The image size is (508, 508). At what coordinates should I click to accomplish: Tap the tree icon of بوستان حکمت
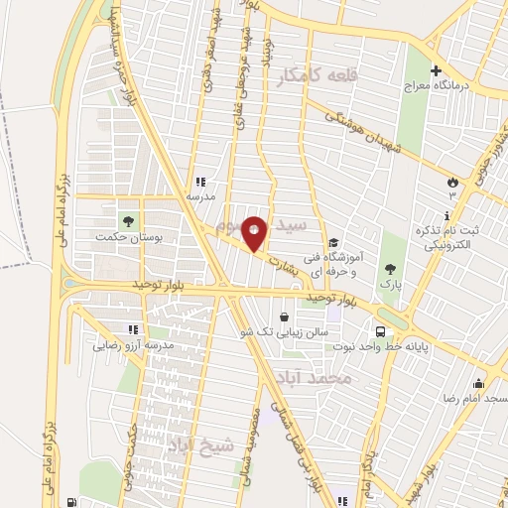tap(127, 219)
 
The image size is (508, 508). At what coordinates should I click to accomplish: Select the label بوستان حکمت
tap(122, 237)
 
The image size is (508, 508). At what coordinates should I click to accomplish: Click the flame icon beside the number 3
tap(453, 183)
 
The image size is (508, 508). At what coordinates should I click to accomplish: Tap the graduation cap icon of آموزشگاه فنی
tap(334, 242)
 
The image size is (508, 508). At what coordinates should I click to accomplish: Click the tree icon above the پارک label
tap(390, 268)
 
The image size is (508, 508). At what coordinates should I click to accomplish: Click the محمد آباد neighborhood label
tap(331, 378)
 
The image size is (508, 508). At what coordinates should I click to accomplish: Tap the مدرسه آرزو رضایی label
tap(134, 346)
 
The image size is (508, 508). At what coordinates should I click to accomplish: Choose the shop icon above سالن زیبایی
tap(286, 317)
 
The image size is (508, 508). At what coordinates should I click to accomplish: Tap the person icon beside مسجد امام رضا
tap(480, 383)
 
